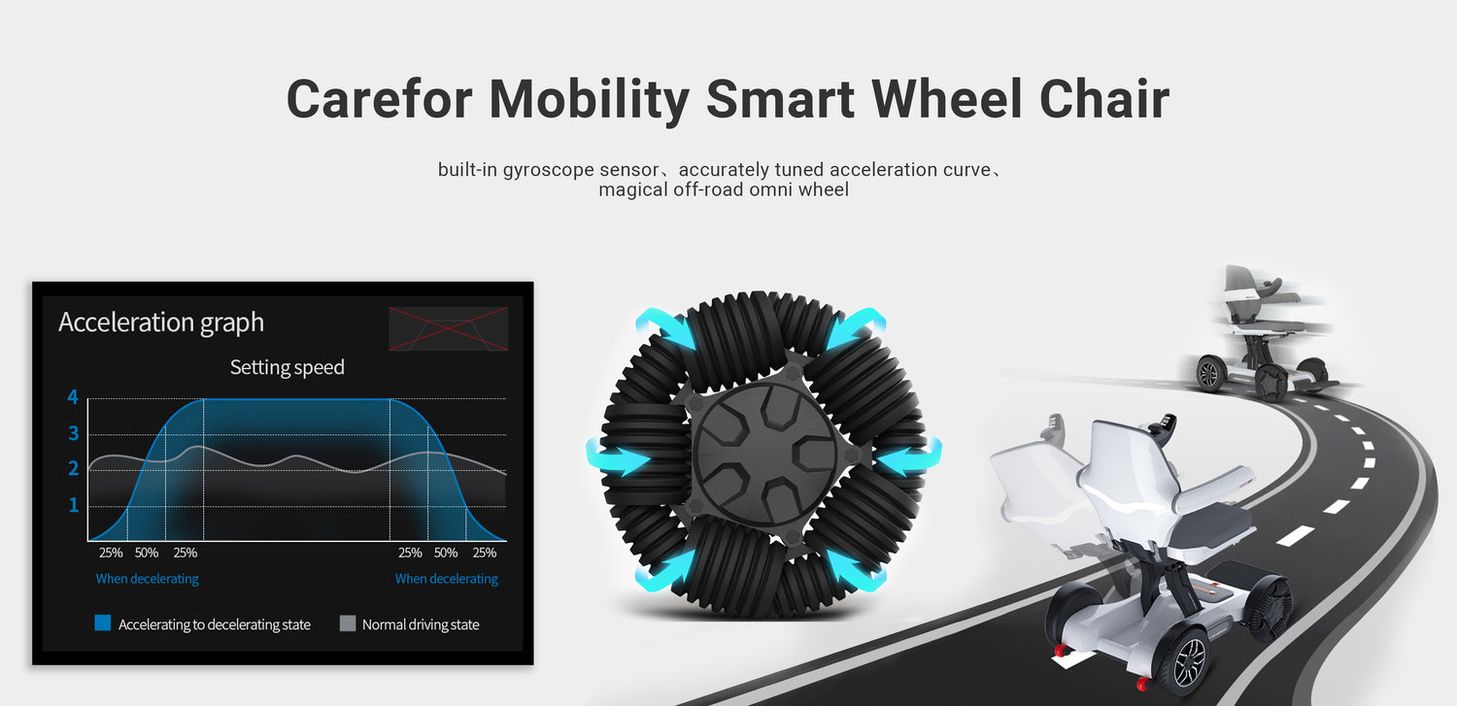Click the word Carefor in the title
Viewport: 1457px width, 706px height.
[x=379, y=99]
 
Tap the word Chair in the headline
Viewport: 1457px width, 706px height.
[x=1104, y=99]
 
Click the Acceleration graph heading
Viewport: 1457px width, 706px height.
[x=161, y=322]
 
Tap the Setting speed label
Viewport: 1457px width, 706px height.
[x=287, y=367]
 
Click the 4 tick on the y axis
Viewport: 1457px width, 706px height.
[x=73, y=396]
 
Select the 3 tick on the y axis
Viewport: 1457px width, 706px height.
[x=73, y=433]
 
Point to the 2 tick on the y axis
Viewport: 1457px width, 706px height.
[x=73, y=468]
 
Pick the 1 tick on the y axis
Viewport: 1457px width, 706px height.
[x=74, y=504]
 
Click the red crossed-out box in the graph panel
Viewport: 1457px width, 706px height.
[x=448, y=329]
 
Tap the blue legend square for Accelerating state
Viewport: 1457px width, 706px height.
[x=103, y=622]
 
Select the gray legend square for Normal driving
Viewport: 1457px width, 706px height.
[x=348, y=623]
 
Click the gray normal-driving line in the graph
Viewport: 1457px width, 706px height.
[x=296, y=457]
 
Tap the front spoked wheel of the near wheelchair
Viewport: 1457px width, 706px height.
[x=1189, y=661]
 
